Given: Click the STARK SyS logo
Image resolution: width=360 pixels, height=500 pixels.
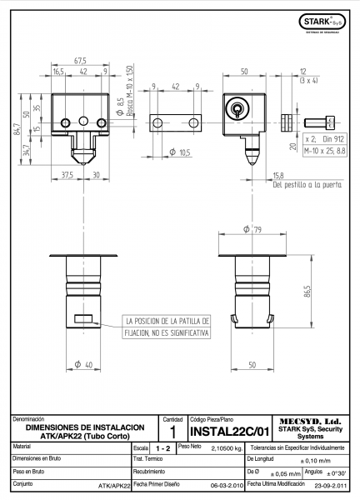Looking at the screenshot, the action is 322,22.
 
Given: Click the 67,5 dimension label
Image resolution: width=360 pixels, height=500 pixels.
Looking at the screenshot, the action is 80,61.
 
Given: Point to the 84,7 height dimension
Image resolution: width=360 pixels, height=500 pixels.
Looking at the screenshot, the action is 17,129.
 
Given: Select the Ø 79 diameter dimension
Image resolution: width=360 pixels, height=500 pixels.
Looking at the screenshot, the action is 252,229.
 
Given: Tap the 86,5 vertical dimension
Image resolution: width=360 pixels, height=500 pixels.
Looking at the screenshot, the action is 307,292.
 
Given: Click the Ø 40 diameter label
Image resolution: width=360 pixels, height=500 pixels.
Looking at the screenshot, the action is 83,364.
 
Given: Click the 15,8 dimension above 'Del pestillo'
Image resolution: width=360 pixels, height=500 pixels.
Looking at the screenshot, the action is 278,175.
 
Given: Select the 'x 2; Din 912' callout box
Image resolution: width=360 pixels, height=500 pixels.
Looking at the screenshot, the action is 325,139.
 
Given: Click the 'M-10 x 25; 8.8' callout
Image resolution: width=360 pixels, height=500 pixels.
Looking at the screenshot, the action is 325,151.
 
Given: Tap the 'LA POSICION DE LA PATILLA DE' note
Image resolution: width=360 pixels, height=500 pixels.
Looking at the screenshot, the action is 166,321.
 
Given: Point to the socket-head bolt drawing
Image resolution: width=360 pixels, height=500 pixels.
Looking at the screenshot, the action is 319,122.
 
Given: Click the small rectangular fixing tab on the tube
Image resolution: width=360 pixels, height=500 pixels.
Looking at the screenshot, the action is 83,318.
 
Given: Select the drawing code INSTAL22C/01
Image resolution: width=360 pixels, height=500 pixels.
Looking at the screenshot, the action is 230,432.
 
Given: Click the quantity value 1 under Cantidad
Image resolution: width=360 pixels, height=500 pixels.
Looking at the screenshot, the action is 172,432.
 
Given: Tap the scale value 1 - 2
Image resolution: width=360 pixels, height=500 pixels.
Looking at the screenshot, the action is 163,448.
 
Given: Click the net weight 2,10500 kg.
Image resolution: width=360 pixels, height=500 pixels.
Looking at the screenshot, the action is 227,448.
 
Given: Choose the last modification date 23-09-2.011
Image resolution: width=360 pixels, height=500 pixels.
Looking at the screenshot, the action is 330,486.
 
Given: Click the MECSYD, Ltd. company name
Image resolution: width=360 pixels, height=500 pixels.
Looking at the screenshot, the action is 310,422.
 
